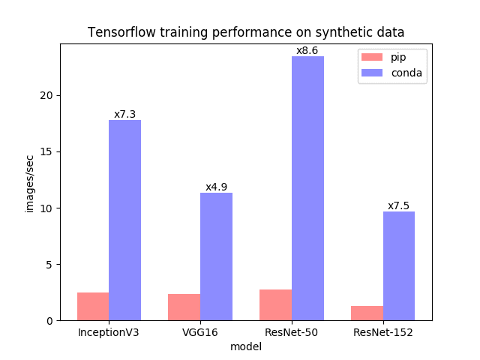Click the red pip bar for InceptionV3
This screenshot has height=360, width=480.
coord(93,306)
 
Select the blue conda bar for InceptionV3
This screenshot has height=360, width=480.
coord(124,220)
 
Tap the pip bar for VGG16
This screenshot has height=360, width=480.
coord(184,307)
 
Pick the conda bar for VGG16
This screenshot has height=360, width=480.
coord(216,256)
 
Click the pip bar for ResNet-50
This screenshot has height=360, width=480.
coord(275,304)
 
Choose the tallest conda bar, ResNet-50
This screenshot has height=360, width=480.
coord(307,188)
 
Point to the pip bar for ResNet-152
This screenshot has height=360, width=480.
coord(367,313)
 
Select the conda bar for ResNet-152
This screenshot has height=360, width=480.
coord(399,265)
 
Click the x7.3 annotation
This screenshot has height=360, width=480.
coord(124,115)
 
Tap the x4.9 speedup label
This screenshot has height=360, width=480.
coord(216,187)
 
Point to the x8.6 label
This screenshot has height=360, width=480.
coord(307,51)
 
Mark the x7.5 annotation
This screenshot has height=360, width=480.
coord(398,206)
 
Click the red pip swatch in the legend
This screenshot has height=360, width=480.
coord(372,57)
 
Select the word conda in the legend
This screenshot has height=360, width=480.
coord(406,73)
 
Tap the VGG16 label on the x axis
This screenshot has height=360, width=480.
coord(199,331)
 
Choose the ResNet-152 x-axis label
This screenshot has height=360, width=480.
coord(382,331)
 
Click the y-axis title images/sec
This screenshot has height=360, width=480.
coord(31,184)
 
